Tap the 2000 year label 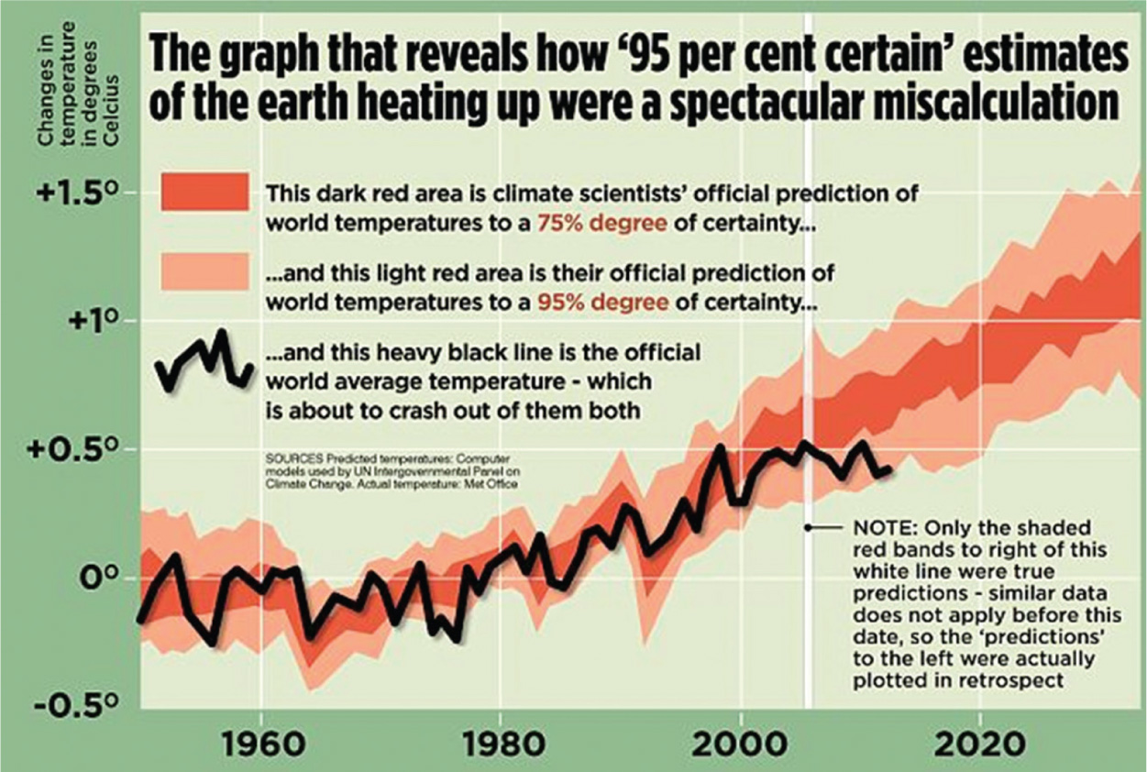pos(739,742)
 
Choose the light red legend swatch pos(204,270)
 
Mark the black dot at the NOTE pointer pos(808,528)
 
